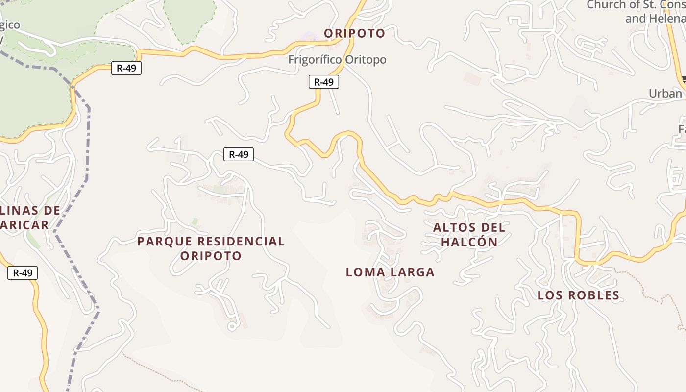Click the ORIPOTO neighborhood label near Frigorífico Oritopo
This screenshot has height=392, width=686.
point(355,33)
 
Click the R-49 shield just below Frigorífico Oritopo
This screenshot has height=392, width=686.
point(323,82)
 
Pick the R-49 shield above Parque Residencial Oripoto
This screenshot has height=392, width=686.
point(239,154)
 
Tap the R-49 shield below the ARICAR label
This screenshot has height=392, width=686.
point(23,273)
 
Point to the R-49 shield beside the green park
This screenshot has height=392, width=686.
point(126,68)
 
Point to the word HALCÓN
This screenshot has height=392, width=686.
point(469,242)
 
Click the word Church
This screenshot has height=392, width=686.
point(606,5)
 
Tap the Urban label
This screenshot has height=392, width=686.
point(665,93)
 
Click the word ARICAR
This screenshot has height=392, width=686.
point(24,225)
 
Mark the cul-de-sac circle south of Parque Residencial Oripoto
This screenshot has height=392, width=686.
point(232,326)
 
